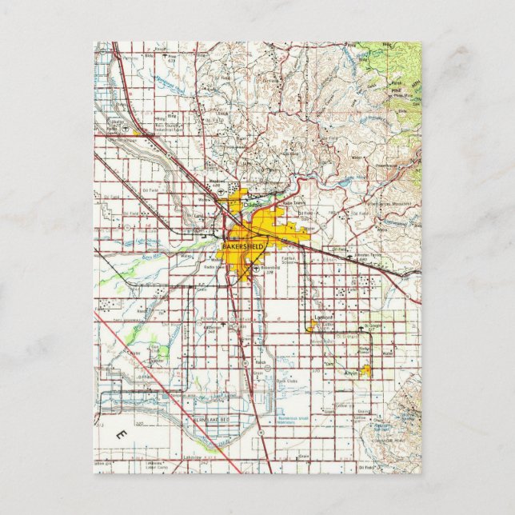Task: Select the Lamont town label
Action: coord(323,316)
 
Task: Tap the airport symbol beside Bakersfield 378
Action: coord(255,269)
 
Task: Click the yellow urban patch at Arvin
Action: coord(366,371)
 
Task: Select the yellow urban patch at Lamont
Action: coord(311,324)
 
